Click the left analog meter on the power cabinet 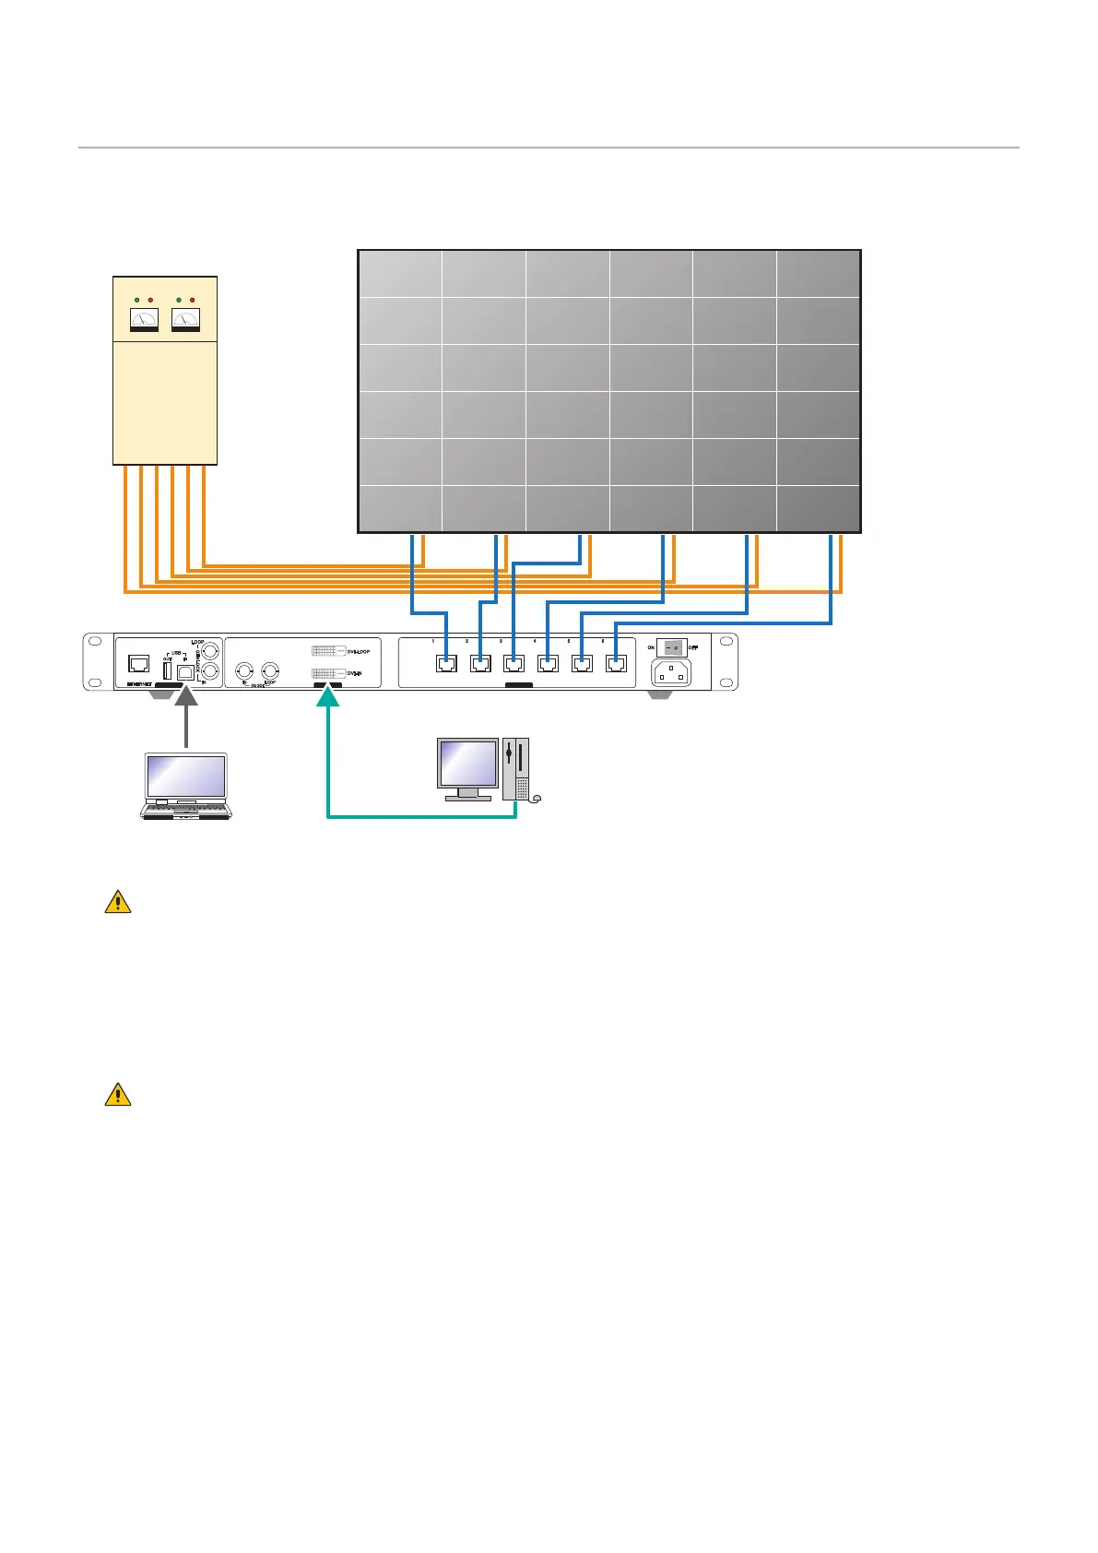pos(144,320)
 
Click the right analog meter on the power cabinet pos(185,320)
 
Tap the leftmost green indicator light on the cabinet pos(136,301)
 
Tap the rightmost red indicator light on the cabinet pos(192,301)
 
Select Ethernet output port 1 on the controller pos(446,662)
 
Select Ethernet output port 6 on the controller pos(616,662)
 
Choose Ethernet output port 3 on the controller pos(514,662)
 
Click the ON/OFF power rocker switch pos(671,647)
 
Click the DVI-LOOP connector pos(329,651)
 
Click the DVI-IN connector pos(329,674)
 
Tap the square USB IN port pos(184,672)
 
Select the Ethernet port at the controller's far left pos(138,663)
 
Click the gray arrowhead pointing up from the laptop pos(186,709)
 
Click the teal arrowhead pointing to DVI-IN pos(328,696)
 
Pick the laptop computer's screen pos(186,776)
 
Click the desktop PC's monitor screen pos(468,763)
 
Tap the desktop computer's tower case pos(515,768)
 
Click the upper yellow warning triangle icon pos(118,902)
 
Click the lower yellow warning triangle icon pos(118,1095)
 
